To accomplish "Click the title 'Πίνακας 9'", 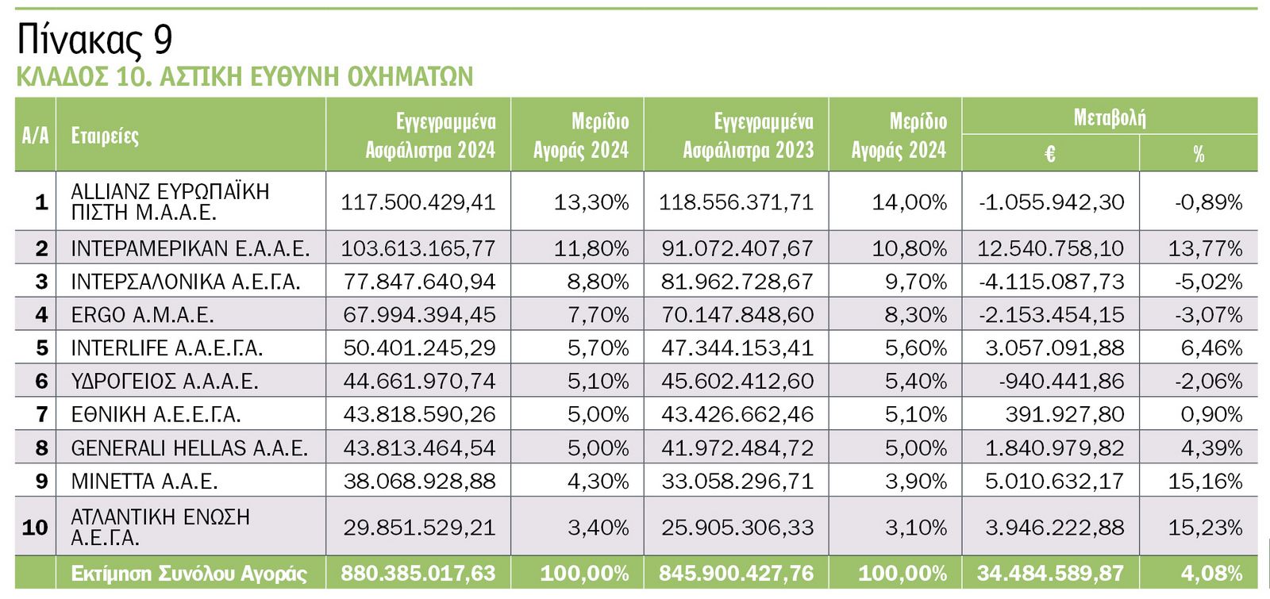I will [94, 39].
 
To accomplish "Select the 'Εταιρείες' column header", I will [105, 136].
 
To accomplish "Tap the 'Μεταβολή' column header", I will [1109, 118].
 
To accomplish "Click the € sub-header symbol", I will [1050, 154].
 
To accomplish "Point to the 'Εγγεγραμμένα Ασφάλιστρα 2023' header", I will [748, 136].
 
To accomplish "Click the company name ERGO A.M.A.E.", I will [142, 315].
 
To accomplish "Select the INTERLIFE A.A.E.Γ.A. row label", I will [167, 348].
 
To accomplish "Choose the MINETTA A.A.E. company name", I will [144, 481].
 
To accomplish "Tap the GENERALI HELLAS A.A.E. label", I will [189, 448].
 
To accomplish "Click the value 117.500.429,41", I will [418, 202].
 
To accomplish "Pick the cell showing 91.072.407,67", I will [737, 248].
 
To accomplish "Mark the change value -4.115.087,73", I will [1051, 282].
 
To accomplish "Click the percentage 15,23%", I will [1205, 528].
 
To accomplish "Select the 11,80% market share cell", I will [591, 248].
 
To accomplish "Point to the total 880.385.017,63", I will [418, 573].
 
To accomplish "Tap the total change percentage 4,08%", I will [1211, 573].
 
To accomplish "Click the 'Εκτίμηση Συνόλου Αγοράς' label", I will [189, 573].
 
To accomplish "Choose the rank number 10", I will [35, 528].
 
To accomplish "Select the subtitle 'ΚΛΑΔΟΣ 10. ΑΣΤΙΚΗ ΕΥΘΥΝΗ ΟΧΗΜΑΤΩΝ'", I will [244, 76].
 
